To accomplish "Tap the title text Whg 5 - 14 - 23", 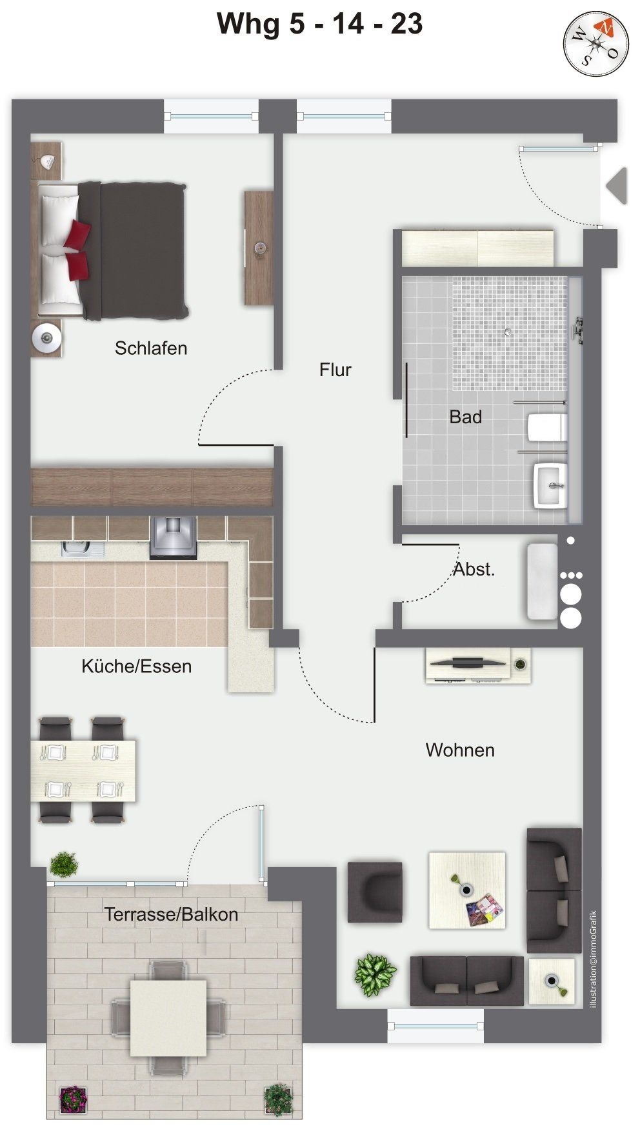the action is point(319,25).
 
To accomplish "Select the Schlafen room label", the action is point(151,348).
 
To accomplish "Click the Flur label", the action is point(335,370).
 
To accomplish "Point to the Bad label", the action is point(465,417).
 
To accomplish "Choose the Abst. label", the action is point(474,569).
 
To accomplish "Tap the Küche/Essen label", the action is point(137,666).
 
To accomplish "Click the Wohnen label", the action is point(460,750).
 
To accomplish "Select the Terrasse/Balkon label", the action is point(172,914).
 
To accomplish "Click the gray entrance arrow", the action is point(617,186).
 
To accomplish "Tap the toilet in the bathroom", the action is point(547,427).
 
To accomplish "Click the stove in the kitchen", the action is point(173,537).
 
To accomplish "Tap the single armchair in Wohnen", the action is point(375,892).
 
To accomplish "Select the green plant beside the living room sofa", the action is point(375,974).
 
